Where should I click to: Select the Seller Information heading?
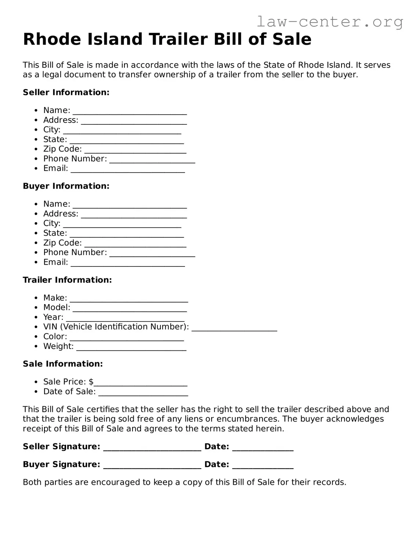point(66,92)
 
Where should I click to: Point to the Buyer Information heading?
point(66,186)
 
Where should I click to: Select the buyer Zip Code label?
point(62,243)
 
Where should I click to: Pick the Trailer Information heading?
point(67,280)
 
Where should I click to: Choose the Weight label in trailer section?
point(58,346)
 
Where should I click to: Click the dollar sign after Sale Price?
point(91,382)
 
